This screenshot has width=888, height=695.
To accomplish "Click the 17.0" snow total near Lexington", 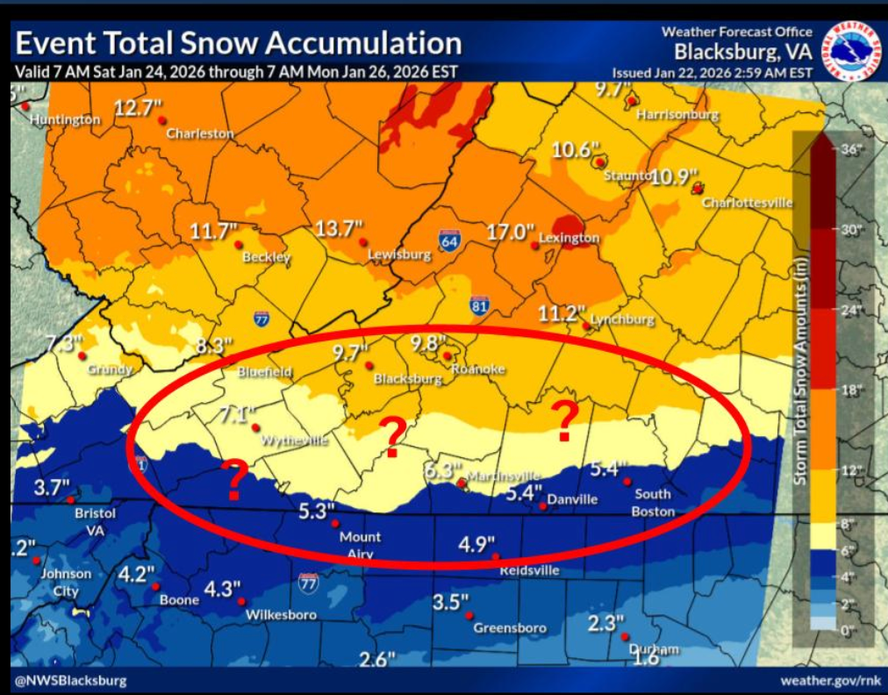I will tap(511, 232).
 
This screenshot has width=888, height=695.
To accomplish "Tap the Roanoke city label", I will tap(478, 369).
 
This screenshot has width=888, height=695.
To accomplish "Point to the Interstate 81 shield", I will tap(479, 305).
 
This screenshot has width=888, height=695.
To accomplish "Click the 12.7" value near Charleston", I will tap(139, 108).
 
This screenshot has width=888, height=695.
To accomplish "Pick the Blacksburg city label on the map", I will tap(408, 379).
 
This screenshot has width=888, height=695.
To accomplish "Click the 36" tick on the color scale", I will tap(851, 150).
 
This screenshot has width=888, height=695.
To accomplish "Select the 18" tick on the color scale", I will tap(851, 389).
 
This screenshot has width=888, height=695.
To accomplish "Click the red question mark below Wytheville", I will tap(234, 480).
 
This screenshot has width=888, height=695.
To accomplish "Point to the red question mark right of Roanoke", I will tap(566, 420).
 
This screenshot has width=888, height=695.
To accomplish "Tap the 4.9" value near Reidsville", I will tap(477, 544).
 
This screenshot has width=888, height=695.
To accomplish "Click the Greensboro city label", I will tap(510, 627).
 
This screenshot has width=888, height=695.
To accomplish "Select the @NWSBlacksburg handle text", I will tap(70, 680).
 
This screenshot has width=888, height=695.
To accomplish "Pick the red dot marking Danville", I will tap(543, 506).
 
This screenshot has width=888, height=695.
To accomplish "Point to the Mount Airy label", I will tap(360, 545).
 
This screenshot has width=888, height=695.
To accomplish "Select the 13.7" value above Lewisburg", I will tap(339, 229).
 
